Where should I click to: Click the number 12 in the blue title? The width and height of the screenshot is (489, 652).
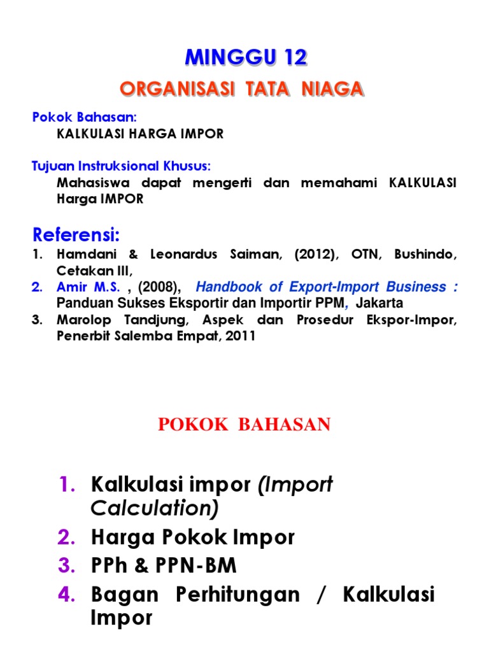(292, 58)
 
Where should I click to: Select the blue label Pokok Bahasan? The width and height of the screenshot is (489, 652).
(85, 117)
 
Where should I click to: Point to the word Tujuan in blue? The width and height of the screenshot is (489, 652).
(50, 166)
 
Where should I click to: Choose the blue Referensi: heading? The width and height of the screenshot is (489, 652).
(76, 236)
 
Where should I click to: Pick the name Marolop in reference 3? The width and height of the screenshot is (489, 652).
(82, 320)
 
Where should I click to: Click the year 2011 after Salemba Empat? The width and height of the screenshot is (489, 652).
(242, 336)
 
